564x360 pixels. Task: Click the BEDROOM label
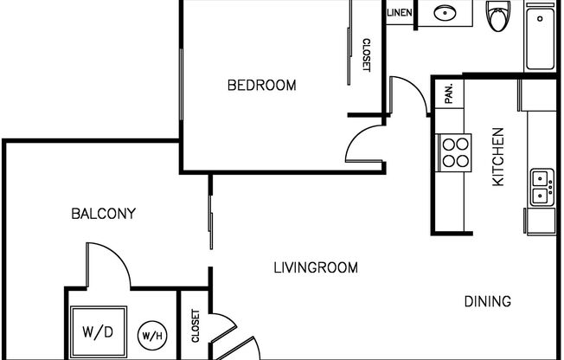tap(262, 86)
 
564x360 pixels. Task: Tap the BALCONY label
tap(104, 214)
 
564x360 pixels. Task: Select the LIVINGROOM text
tap(316, 268)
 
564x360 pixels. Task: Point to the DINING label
tap(488, 301)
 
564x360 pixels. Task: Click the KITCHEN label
tap(498, 157)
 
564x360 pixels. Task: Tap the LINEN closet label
tap(400, 13)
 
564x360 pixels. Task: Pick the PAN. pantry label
tap(449, 93)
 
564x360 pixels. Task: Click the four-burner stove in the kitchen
tap(455, 152)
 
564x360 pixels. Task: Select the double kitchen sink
tap(542, 187)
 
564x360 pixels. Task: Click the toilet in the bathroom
tap(498, 16)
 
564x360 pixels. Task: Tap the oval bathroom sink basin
tap(445, 13)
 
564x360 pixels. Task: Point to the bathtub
tap(541, 37)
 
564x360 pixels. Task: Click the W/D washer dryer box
tap(99, 332)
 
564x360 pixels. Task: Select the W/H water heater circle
tap(152, 336)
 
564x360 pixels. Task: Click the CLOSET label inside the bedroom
tap(366, 55)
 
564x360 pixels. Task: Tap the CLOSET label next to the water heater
tap(195, 325)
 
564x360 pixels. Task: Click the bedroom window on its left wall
tap(181, 85)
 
